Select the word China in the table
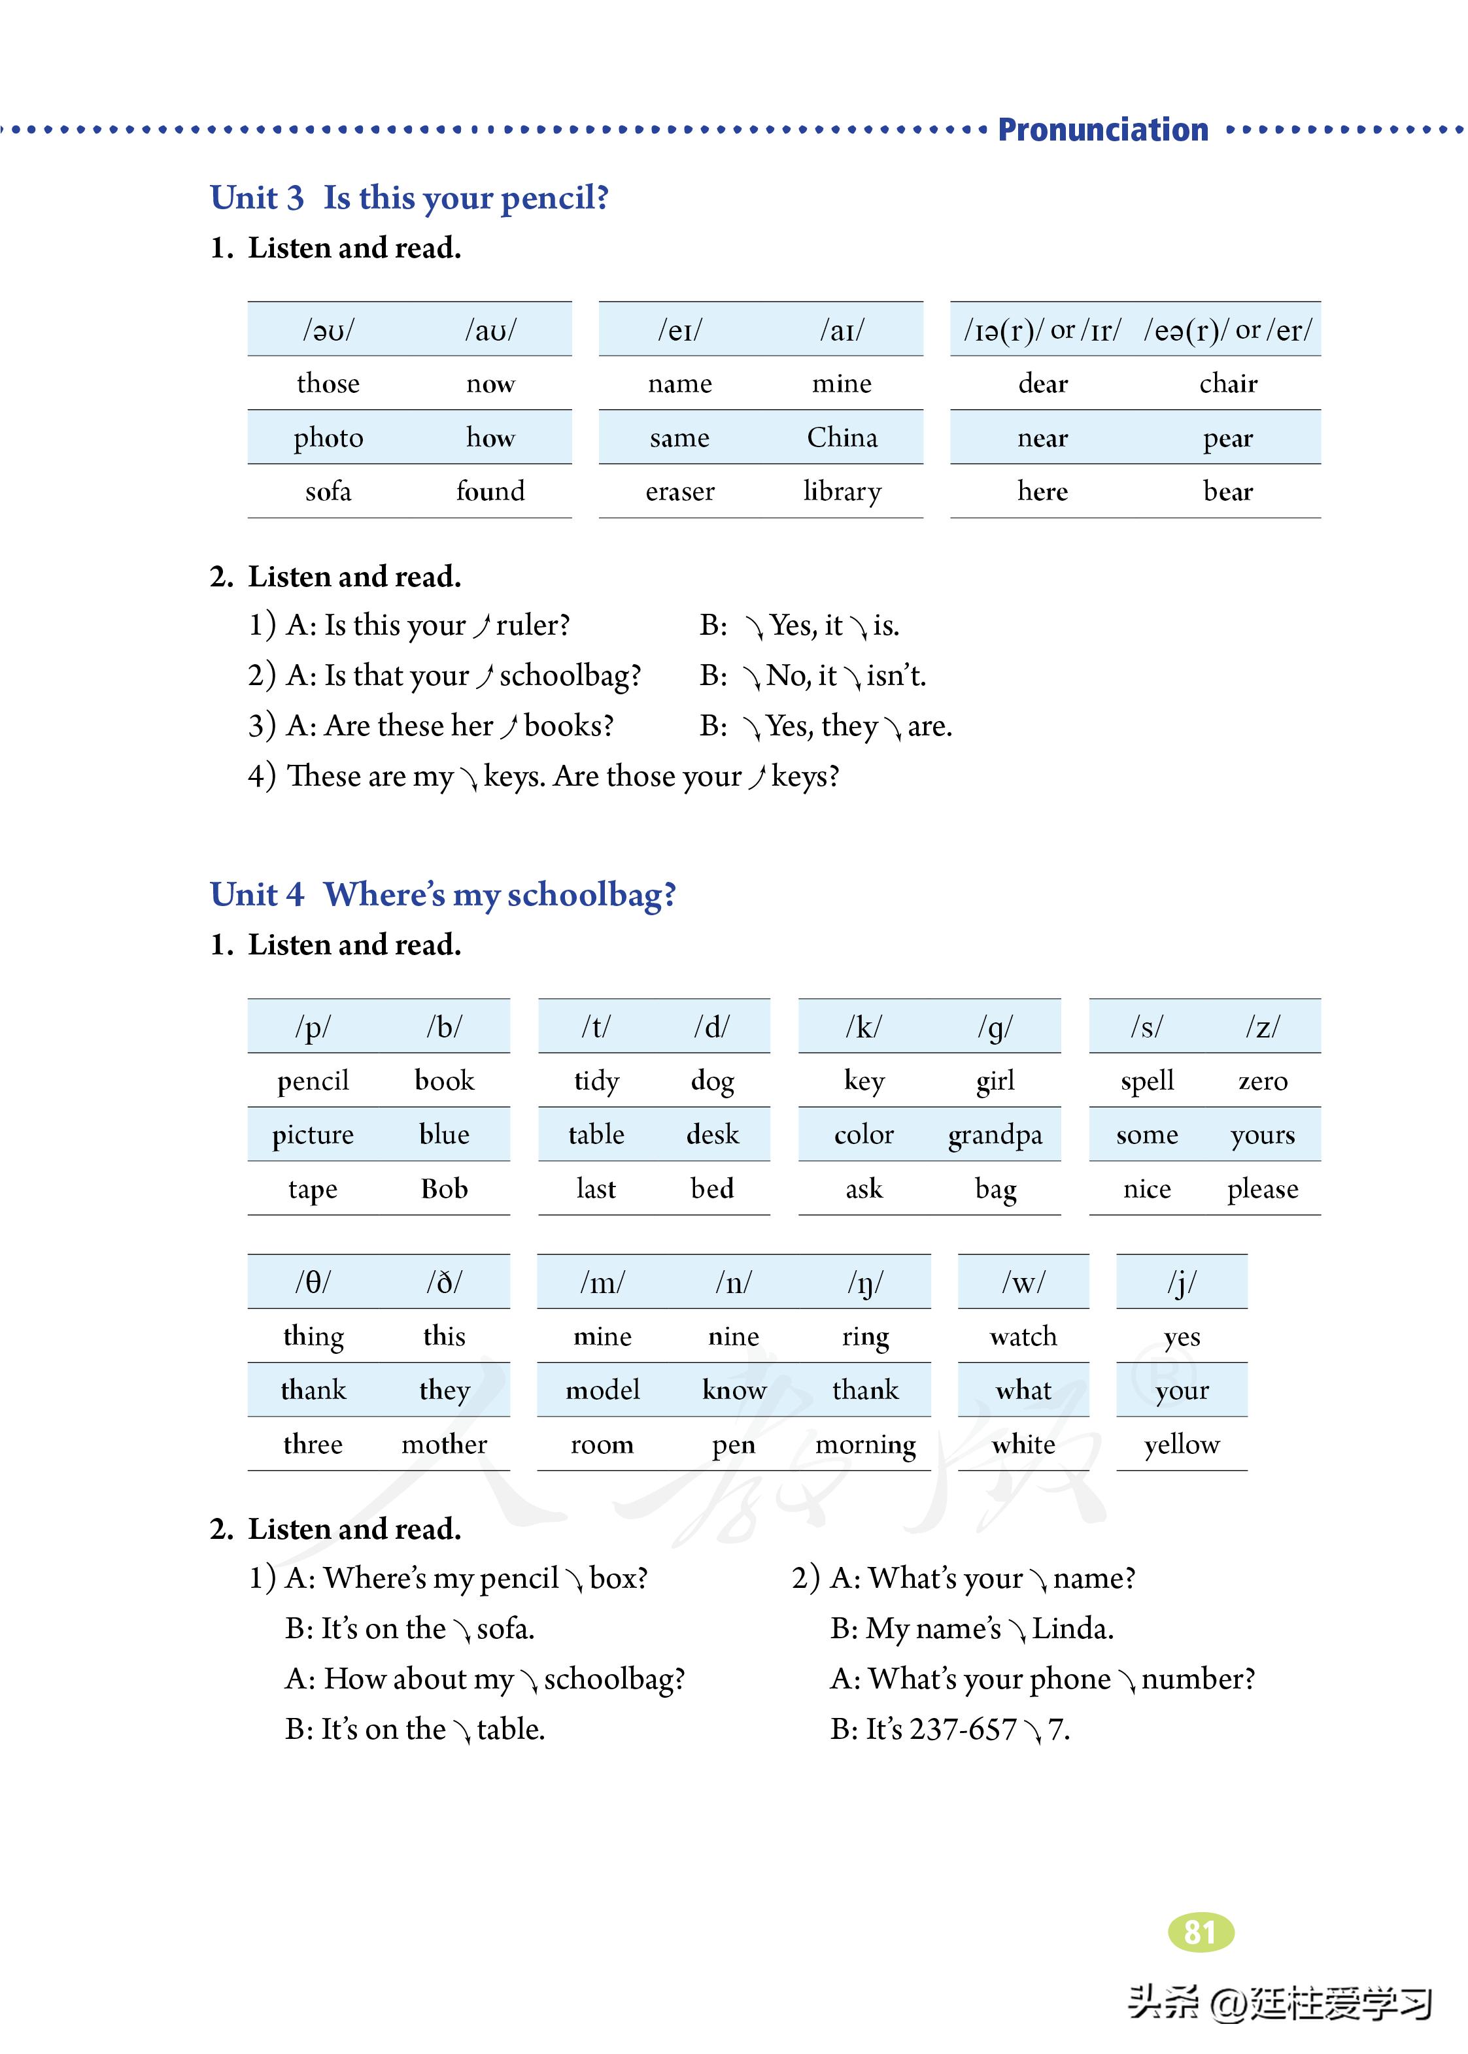pyautogui.click(x=842, y=438)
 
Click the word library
pyautogui.click(x=842, y=492)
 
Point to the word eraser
pyautogui.click(x=680, y=492)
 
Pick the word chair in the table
pyautogui.click(x=1227, y=384)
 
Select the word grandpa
pyautogui.click(x=995, y=1136)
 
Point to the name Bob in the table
pyautogui.click(x=444, y=1189)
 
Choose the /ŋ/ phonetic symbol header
pyautogui.click(x=865, y=1283)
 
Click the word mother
pyautogui.click(x=444, y=1445)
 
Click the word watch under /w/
pyautogui.click(x=1023, y=1336)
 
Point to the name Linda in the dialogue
pyautogui.click(x=1072, y=1629)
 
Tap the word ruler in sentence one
pyautogui.click(x=532, y=626)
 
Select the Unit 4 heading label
pyautogui.click(x=257, y=894)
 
